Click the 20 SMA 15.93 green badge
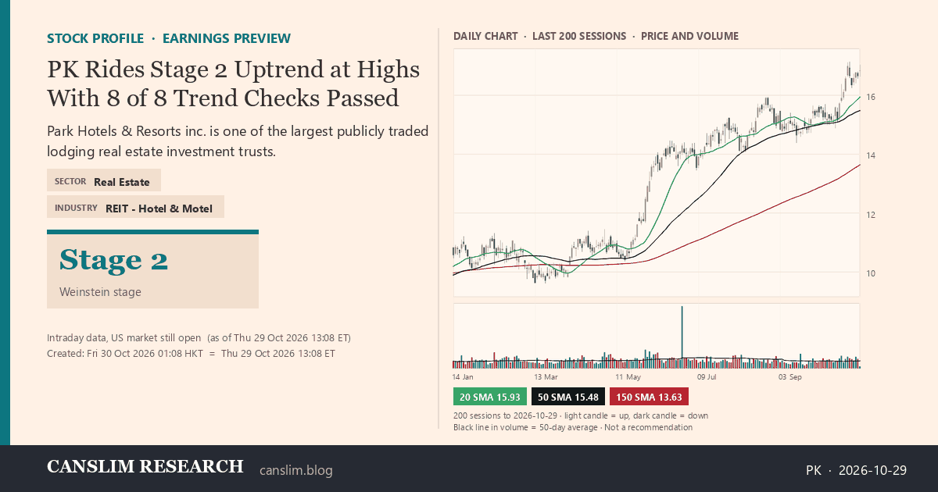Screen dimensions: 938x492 point(489,397)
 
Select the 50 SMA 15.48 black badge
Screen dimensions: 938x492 point(567,397)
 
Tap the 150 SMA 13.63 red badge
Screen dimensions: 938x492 point(649,397)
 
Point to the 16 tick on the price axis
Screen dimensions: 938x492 point(871,97)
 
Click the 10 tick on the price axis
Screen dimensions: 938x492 point(871,273)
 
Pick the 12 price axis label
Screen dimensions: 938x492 point(871,215)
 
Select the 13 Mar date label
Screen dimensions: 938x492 point(546,377)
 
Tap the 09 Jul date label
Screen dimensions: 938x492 point(707,377)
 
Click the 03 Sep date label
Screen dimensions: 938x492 point(789,377)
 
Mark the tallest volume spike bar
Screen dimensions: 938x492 point(682,337)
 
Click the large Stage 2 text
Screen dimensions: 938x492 point(113,260)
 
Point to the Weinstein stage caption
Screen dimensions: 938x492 point(100,292)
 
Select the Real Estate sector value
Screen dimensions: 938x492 point(121,182)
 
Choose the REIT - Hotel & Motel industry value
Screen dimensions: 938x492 point(159,209)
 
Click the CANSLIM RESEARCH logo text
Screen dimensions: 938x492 point(145,466)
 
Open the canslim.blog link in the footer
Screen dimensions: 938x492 point(296,470)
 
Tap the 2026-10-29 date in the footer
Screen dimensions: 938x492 point(872,470)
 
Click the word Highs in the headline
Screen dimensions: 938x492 point(388,70)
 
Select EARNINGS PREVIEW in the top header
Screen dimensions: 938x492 point(227,38)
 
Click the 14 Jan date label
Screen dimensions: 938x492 point(463,377)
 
